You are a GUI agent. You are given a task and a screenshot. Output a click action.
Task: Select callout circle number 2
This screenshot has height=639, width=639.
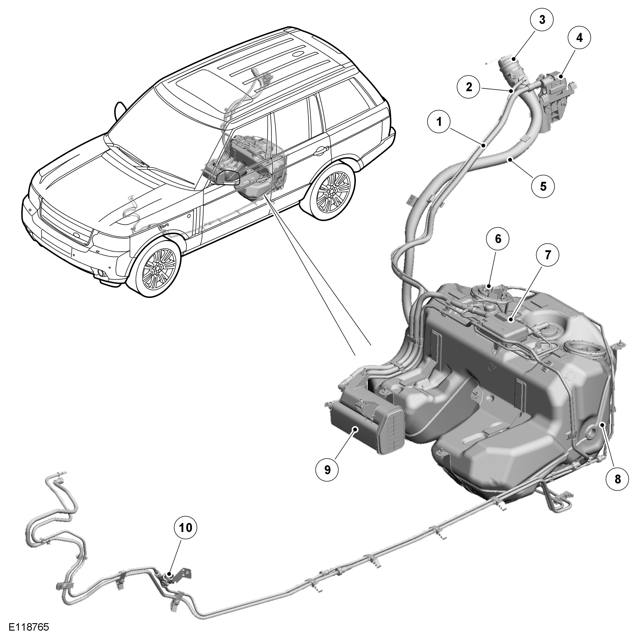coord(469,87)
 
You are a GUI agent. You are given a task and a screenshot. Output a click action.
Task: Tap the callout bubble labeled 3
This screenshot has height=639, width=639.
coord(542,19)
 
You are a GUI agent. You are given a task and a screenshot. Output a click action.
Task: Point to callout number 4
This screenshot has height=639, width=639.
coord(579,38)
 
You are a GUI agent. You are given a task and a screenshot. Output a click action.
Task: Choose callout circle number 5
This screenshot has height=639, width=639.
coord(543,186)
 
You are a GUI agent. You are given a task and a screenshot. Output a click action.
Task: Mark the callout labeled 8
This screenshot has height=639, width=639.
coord(617,479)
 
